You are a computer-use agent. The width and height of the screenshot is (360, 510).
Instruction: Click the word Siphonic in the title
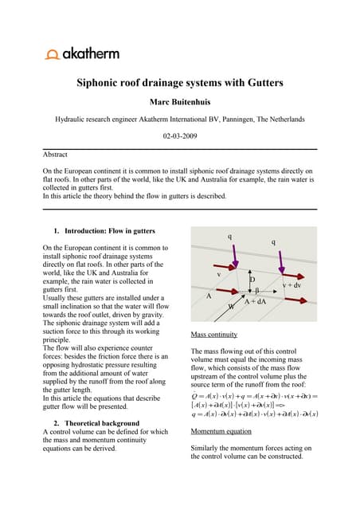click(x=103, y=82)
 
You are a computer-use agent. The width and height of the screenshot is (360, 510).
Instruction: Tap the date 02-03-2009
click(x=179, y=135)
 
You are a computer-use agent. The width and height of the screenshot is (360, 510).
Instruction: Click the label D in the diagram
click(x=253, y=280)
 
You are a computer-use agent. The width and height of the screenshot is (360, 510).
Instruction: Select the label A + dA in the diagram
click(x=255, y=302)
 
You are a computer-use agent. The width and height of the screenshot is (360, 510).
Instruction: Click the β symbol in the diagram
click(x=256, y=292)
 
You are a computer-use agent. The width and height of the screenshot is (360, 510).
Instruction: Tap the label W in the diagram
click(x=231, y=306)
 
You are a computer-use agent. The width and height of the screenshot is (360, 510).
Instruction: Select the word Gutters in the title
click(x=263, y=82)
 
